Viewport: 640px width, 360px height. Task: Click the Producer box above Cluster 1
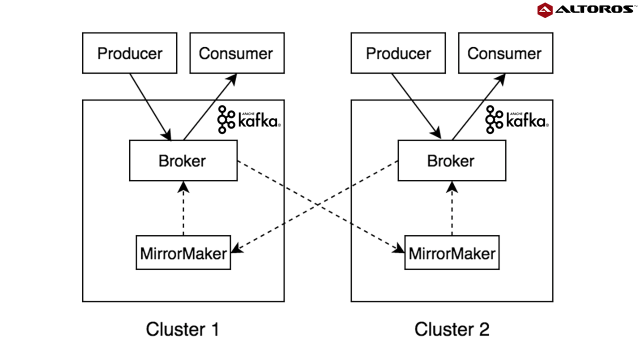tap(129, 53)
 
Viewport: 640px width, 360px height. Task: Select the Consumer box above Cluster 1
tap(236, 53)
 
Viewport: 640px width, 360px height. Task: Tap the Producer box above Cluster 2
tap(398, 53)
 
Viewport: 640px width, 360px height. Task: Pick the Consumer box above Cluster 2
tap(505, 53)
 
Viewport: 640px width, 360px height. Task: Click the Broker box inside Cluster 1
tap(183, 160)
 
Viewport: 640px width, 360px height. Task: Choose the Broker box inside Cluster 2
tap(451, 160)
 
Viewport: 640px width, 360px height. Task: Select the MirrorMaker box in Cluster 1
tap(183, 253)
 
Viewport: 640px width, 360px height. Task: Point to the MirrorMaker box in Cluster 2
tap(452, 253)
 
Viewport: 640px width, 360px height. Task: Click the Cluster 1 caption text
tap(182, 329)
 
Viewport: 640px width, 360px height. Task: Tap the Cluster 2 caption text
tap(451, 329)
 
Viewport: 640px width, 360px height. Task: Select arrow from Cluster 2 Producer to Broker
tap(416, 106)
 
